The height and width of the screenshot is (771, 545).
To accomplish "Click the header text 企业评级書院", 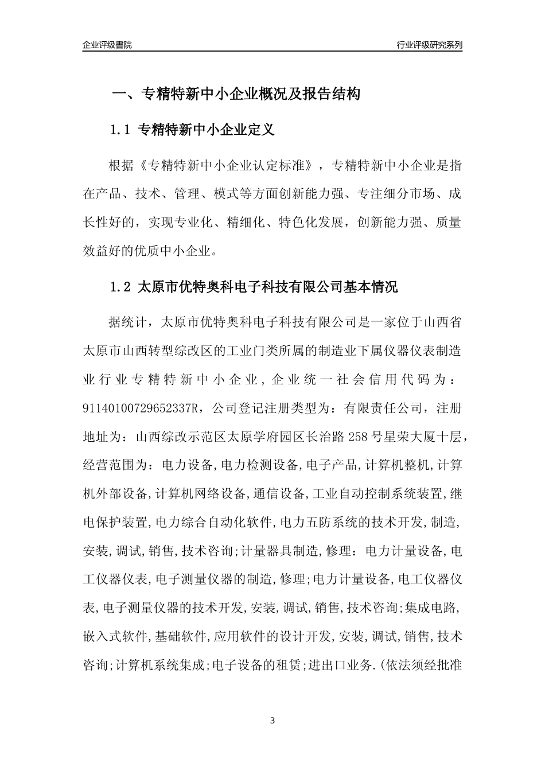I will pyautogui.click(x=107, y=45).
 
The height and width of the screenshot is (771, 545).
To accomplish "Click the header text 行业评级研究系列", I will pyautogui.click(x=429, y=45).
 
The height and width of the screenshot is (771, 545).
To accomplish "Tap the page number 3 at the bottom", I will pyautogui.click(x=272, y=721).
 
